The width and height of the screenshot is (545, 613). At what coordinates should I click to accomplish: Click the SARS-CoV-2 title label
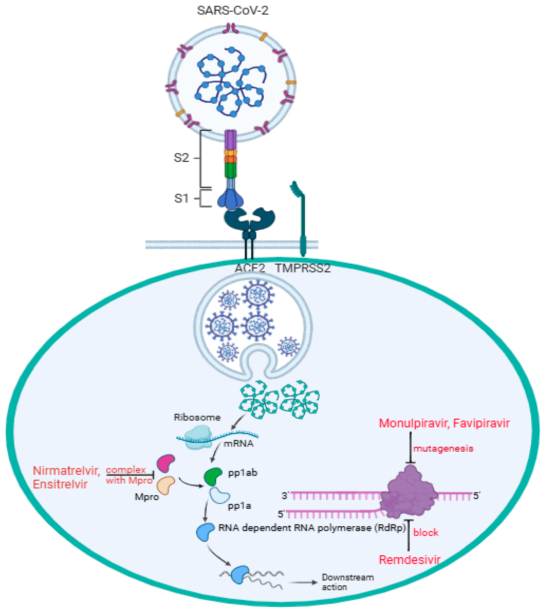[232, 11]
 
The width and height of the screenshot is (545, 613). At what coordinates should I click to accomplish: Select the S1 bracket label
[181, 198]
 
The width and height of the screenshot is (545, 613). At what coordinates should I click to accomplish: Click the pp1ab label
[243, 473]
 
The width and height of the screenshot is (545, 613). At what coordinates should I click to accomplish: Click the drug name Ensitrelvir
[60, 484]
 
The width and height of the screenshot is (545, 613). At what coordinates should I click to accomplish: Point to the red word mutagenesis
[443, 449]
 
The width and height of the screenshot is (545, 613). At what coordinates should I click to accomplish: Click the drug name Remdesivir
[409, 560]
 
